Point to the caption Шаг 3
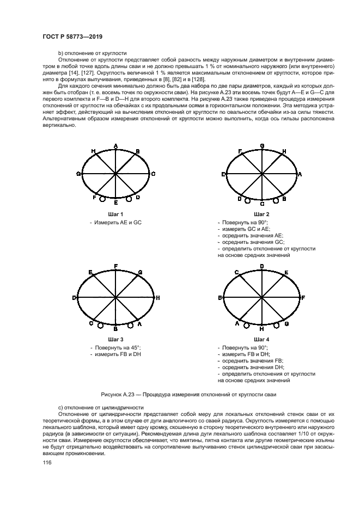pos(115,339)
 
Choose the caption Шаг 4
pos(262,339)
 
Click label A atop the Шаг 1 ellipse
pos(116,146)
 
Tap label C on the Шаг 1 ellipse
pos(154,174)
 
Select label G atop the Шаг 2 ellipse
pos(262,146)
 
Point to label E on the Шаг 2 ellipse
pos(224,174)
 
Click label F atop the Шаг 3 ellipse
pos(116,266)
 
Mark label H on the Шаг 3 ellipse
pos(157,298)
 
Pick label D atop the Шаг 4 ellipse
pos(262,266)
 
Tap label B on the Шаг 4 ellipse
pos(221,298)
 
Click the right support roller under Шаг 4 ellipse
pos(277,325)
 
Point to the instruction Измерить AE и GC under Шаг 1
pos(118,223)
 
